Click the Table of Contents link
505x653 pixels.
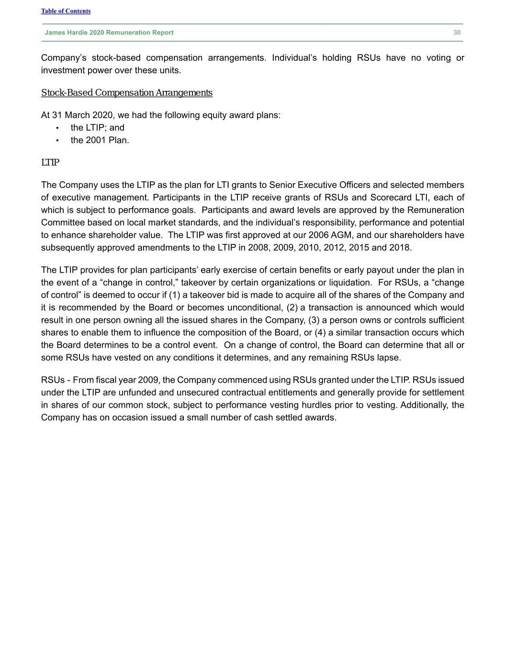(x=66, y=11)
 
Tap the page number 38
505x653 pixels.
(x=457, y=33)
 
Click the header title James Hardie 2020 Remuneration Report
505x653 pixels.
(x=109, y=33)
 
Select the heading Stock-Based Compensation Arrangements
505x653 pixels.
(x=126, y=93)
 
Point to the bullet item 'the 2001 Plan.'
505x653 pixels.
(x=100, y=140)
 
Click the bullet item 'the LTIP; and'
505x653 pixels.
(x=97, y=128)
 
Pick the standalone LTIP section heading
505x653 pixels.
(x=50, y=163)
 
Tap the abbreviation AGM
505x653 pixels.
(x=341, y=235)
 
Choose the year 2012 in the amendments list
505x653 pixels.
(x=333, y=247)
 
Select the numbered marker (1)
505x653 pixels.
(x=174, y=295)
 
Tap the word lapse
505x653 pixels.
(x=391, y=357)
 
